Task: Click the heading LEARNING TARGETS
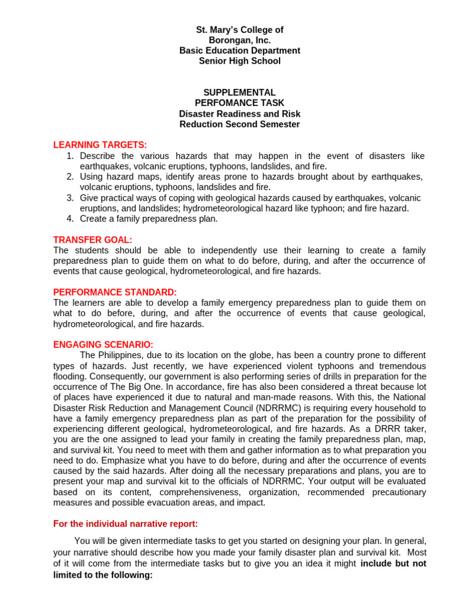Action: click(100, 145)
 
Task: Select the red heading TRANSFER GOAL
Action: click(93, 240)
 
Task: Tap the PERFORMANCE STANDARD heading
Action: click(115, 292)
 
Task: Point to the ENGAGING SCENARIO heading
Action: click(103, 344)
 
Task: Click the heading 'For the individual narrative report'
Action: click(126, 524)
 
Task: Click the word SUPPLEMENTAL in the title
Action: click(239, 92)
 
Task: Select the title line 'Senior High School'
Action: click(239, 61)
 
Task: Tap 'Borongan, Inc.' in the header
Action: click(239, 40)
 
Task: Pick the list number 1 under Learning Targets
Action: click(70, 156)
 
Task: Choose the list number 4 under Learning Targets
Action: click(70, 218)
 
